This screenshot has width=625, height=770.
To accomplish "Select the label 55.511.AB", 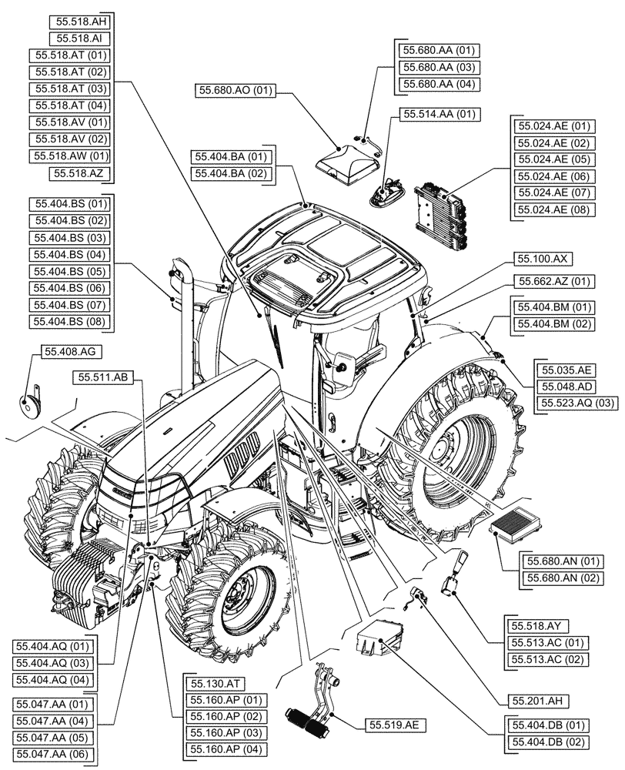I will tap(105, 377).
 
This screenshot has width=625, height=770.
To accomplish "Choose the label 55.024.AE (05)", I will tap(553, 159).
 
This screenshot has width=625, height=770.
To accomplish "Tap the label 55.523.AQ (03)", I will tap(578, 403).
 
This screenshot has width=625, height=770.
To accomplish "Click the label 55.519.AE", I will tap(386, 725).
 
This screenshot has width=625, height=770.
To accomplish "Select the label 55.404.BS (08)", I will tap(70, 322).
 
